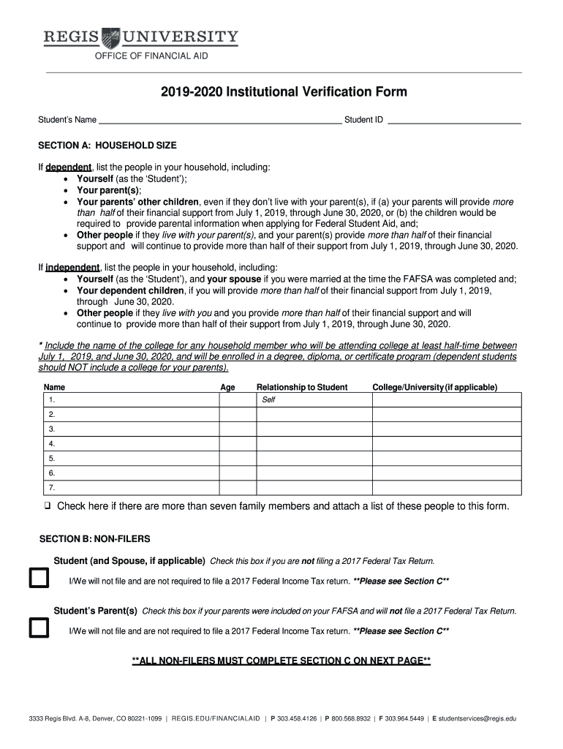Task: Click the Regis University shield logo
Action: (110, 37)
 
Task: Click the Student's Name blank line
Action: (219, 121)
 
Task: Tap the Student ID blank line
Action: (453, 121)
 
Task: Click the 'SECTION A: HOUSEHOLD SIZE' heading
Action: (107, 146)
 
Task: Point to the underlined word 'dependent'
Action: (69, 168)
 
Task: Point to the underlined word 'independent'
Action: (73, 268)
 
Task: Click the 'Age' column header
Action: (227, 388)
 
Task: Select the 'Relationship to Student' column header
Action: (302, 388)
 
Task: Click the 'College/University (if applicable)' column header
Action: (434, 388)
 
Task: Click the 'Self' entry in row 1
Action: (268, 400)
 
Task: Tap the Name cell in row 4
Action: (132, 444)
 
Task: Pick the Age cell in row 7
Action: (238, 488)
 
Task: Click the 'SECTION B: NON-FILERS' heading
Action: (94, 539)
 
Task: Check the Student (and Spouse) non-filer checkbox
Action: (38, 579)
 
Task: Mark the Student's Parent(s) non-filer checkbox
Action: (38, 628)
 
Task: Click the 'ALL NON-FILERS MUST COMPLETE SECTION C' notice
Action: (281, 661)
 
